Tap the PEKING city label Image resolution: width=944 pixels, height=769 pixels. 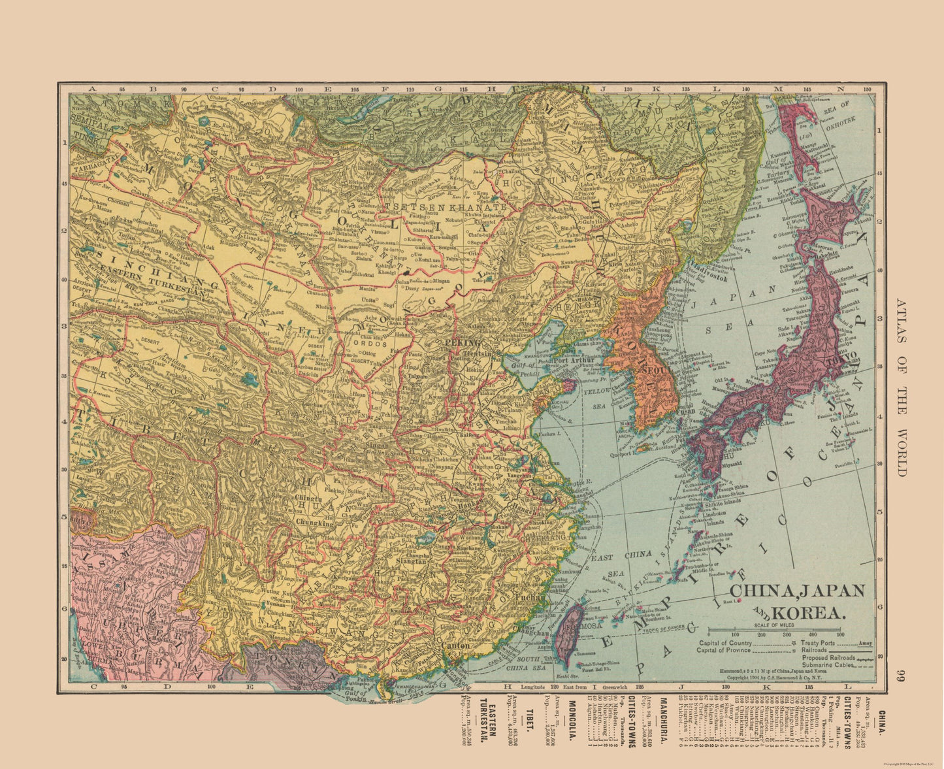[x=462, y=342]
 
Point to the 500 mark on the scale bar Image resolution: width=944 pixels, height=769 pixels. [x=840, y=634]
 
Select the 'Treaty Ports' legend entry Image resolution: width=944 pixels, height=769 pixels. [x=810, y=642]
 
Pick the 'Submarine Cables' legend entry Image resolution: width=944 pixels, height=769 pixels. [x=818, y=664]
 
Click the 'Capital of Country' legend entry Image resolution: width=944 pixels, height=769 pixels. [x=724, y=642]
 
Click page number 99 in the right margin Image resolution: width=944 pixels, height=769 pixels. [x=901, y=676]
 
